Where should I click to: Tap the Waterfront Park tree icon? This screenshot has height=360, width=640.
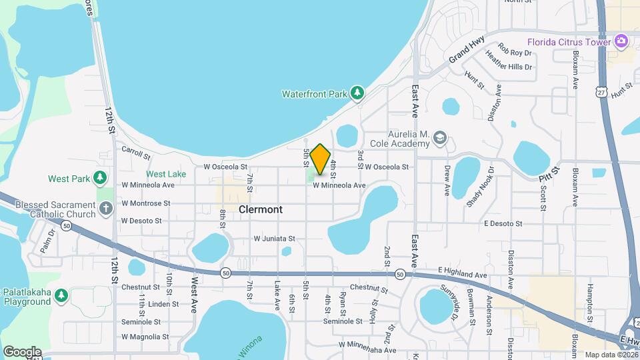coord(358,93)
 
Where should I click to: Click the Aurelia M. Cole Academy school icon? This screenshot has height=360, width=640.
coord(439,138)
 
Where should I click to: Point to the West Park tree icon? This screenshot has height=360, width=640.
coord(100,178)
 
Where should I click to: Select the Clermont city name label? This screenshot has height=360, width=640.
coord(261,209)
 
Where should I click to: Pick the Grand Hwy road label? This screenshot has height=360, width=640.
coord(465,51)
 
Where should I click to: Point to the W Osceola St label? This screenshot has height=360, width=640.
coord(225,167)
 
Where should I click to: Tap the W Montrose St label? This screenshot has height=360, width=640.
coord(145,203)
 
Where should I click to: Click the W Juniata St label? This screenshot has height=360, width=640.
coord(274,238)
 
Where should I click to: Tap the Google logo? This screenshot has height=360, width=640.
coord(22,351)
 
